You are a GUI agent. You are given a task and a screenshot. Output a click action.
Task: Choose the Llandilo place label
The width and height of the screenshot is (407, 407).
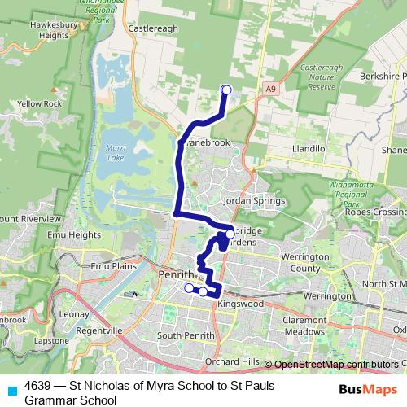[309, 150]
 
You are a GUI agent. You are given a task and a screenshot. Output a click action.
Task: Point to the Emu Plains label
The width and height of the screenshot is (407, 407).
[112, 266]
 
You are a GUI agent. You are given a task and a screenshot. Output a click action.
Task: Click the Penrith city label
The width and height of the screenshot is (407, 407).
[177, 274]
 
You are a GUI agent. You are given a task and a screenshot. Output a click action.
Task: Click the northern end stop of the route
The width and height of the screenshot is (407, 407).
[226, 90]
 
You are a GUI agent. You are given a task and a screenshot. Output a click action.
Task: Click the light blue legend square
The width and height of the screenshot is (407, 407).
[11, 391]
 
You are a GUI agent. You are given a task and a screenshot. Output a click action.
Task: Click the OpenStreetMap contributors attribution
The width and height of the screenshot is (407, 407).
[335, 364]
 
